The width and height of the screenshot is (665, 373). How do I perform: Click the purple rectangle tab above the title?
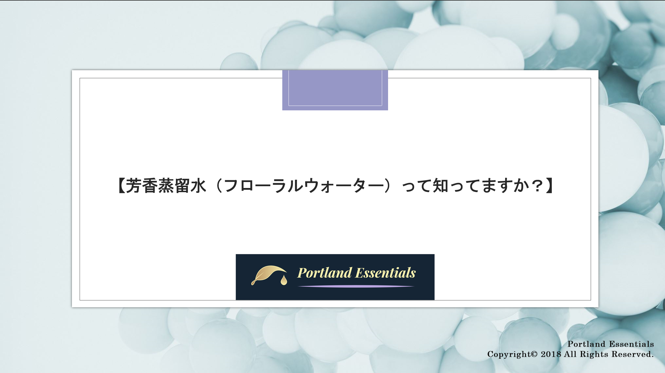tap(335, 90)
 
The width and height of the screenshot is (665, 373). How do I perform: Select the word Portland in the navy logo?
tap(324, 273)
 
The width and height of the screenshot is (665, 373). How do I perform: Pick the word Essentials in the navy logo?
tap(386, 273)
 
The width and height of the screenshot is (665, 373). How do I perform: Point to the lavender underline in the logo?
tap(356, 286)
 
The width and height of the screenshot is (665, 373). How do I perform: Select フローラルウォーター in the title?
tap(303, 186)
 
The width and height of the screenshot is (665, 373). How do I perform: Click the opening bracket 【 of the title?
tap(121, 186)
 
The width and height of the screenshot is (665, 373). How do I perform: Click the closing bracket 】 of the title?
tap(549, 186)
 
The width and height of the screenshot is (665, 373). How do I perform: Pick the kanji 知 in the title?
tap(440, 186)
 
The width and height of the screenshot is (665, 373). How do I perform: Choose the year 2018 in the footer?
tap(551, 354)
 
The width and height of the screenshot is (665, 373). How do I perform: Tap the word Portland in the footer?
tap(586, 344)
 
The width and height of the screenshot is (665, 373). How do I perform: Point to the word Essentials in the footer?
tap(631, 344)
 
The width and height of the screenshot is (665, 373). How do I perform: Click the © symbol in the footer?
tap(534, 354)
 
